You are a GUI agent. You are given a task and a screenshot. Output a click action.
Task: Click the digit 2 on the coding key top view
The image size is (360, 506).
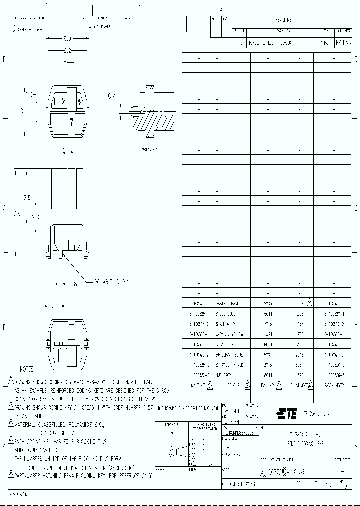tap(63, 102)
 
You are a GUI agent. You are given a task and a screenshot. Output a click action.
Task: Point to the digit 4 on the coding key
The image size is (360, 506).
tap(79, 101)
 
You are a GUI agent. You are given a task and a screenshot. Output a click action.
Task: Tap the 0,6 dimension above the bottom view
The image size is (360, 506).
tap(73, 284)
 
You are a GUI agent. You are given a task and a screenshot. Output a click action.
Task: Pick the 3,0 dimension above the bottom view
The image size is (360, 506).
tap(55, 306)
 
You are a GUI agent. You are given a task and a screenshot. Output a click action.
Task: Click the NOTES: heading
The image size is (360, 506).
tap(27, 369)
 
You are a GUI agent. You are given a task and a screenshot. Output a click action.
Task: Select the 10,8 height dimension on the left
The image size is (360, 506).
tap(16, 213)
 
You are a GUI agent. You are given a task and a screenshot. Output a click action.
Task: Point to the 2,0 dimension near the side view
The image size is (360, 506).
tap(36, 217)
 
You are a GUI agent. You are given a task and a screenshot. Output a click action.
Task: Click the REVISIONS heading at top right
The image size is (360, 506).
tap(283, 20)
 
